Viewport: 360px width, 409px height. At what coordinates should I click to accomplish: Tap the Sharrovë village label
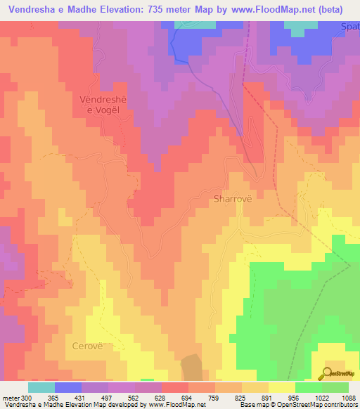click(x=232, y=199)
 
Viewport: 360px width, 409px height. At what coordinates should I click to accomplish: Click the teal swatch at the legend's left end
click(x=41, y=387)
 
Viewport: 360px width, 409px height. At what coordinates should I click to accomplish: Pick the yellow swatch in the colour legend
click(x=282, y=387)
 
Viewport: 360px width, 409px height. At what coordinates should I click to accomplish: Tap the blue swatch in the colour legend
click(x=68, y=387)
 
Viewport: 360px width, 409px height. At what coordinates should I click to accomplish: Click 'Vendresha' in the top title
click(x=27, y=10)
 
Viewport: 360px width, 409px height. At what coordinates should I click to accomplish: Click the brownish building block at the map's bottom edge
click(x=191, y=368)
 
